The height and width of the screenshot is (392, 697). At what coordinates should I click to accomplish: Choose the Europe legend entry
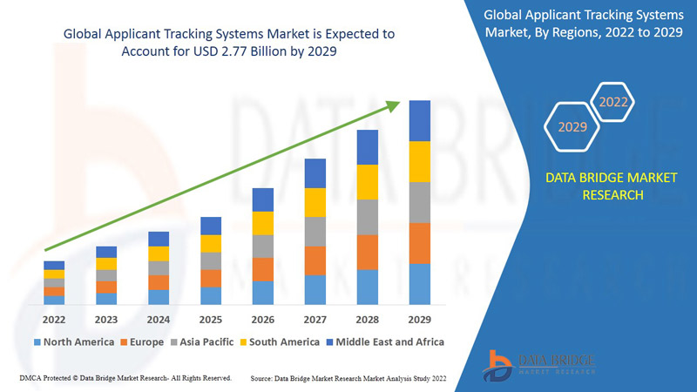click(143, 341)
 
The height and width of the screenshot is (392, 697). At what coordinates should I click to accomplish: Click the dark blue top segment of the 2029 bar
click(420, 120)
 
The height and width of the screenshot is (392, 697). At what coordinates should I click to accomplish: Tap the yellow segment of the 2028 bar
click(368, 181)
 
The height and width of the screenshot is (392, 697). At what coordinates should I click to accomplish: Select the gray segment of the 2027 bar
click(315, 232)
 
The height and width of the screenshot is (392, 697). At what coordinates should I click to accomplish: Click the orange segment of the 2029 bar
click(420, 243)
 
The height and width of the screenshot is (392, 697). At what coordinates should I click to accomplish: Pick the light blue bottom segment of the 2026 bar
click(263, 293)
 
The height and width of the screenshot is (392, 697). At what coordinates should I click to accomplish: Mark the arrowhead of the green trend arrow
click(394, 105)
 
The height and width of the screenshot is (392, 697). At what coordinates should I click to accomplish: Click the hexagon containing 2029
click(572, 127)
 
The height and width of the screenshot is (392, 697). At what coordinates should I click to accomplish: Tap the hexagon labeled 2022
click(613, 103)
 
